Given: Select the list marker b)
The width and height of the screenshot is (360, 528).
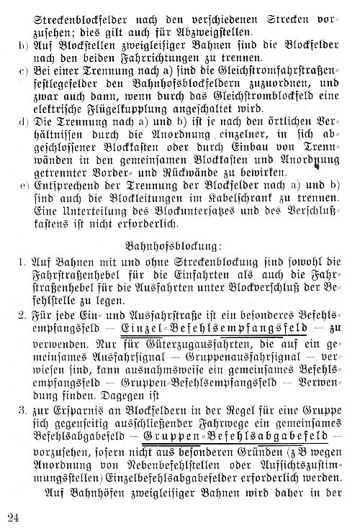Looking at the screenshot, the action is click(22, 47).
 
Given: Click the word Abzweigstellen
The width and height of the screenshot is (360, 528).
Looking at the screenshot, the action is click(202, 32).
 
